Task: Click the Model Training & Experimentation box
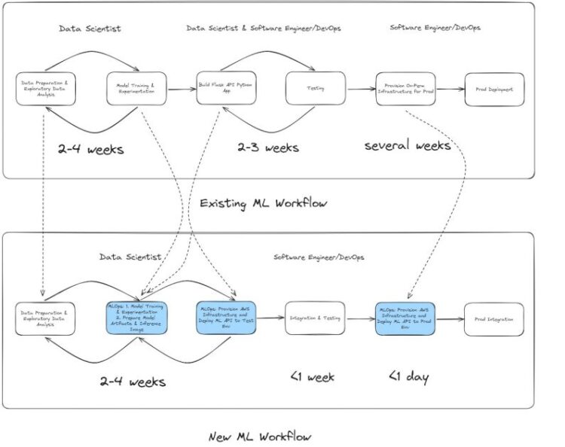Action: (136, 88)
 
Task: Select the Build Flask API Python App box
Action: (226, 88)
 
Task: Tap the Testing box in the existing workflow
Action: (315, 88)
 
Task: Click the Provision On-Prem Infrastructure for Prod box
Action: (405, 88)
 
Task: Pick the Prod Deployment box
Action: (494, 89)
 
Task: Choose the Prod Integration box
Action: (494, 319)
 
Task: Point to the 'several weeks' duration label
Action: (408, 145)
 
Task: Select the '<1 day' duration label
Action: (409, 376)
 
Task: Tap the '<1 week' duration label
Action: (312, 376)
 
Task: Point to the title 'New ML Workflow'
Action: (259, 436)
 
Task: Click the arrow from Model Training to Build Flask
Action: (181, 89)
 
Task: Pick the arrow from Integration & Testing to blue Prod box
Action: (360, 319)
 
